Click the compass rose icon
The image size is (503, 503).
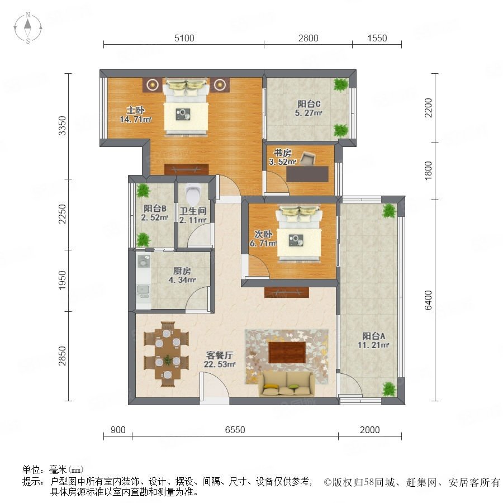tap(28, 28)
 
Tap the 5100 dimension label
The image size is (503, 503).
tap(184, 38)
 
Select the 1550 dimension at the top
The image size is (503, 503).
tap(377, 38)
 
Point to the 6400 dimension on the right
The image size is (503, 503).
tap(428, 300)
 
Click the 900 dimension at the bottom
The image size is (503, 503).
tap(118, 430)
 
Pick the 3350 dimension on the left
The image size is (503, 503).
tap(62, 126)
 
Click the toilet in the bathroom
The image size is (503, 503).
tap(192, 194)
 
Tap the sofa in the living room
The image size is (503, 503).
tap(287, 383)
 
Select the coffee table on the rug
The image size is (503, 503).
tap(287, 353)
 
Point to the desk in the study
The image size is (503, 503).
tap(307, 174)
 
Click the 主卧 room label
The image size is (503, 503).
tap(136, 110)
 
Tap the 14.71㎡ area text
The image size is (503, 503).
tap(136, 120)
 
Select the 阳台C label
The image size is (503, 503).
tap(309, 104)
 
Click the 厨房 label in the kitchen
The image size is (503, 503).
tap(182, 271)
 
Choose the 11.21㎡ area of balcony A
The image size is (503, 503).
tap(373, 345)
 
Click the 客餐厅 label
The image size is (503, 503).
tap(220, 355)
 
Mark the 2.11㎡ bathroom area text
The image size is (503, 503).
tap(192, 220)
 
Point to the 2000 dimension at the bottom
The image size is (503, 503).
tap(369, 430)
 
